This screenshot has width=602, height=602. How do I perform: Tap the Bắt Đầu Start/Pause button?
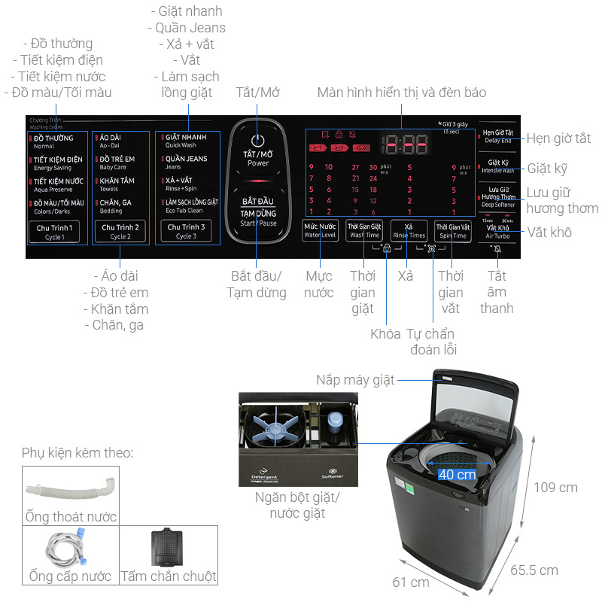click(x=258, y=212)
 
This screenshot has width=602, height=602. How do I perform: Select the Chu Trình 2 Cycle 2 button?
click(x=120, y=231)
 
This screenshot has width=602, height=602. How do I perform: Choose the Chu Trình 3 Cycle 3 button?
click(x=186, y=231)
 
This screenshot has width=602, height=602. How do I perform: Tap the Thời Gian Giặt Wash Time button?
click(x=366, y=230)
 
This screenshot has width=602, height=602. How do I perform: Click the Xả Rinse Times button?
click(x=409, y=230)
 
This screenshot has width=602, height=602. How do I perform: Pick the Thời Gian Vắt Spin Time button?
click(x=452, y=230)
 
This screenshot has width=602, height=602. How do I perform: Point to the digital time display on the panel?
click(x=403, y=144)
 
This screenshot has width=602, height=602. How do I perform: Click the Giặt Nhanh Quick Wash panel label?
click(x=186, y=141)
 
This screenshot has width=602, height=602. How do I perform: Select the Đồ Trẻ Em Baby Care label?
click(x=117, y=163)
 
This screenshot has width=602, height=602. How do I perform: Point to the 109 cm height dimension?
click(x=555, y=488)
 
